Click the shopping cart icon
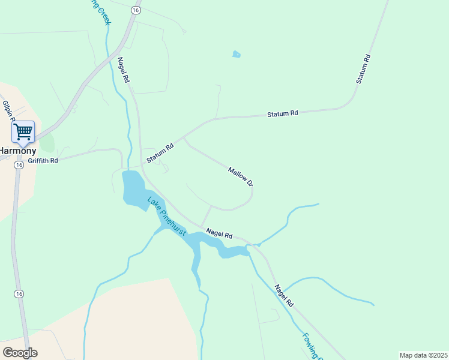click(x=23, y=131)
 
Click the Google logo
click(x=20, y=352)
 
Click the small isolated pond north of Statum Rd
click(x=236, y=55)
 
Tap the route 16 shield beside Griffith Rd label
click(x=19, y=165)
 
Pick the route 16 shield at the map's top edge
click(x=136, y=10)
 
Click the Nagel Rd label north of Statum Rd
click(x=123, y=70)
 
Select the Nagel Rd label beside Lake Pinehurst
click(x=219, y=233)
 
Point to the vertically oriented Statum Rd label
click(x=363, y=69)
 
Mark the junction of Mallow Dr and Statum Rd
click(x=184, y=137)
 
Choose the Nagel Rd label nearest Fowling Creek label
click(x=284, y=296)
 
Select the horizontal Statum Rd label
click(x=282, y=113)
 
